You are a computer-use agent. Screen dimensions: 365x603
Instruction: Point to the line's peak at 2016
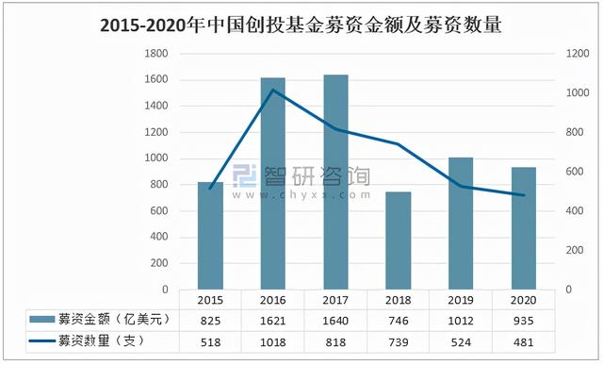[272, 90]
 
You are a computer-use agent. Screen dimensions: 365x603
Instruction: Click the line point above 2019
[460, 187]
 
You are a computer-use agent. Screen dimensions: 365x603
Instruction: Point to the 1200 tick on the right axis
[578, 54]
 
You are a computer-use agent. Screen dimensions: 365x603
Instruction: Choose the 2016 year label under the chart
[272, 299]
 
